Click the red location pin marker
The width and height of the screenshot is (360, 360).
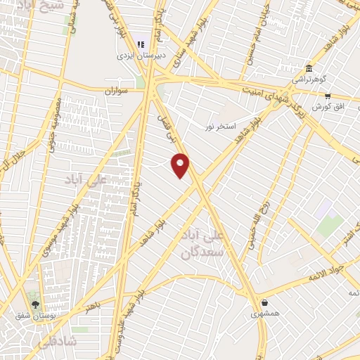(x=181, y=165)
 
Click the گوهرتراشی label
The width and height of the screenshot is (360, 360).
(x=309, y=79)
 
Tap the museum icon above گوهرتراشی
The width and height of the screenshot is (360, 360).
(x=309, y=68)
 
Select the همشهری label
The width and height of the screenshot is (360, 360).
(x=264, y=314)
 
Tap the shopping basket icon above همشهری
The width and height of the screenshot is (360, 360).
(x=264, y=302)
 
